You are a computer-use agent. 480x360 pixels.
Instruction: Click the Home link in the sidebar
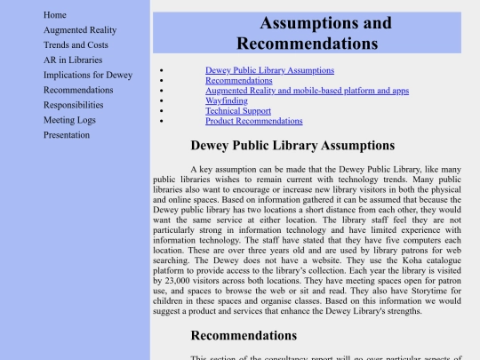point(55,15)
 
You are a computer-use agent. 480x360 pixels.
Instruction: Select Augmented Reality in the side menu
point(80,30)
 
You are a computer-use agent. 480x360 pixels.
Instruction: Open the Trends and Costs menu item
point(76,45)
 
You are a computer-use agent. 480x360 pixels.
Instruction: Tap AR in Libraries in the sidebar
point(73,60)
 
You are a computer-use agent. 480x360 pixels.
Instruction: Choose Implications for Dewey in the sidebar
point(88,76)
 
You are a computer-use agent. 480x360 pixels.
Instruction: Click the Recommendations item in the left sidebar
point(78,90)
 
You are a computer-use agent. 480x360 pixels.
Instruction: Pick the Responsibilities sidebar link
point(73,105)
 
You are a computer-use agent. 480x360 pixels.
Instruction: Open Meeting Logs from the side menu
point(69,120)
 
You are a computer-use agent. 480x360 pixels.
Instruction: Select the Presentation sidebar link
point(67,135)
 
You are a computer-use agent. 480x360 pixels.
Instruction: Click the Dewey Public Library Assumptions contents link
point(269,70)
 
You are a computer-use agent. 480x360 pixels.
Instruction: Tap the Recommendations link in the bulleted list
point(238,80)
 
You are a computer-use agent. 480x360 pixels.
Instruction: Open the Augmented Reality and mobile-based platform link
point(307,91)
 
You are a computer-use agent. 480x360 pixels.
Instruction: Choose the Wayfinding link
point(226,100)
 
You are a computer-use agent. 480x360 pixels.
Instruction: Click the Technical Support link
point(238,111)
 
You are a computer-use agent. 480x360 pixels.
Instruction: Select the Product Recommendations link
point(253,121)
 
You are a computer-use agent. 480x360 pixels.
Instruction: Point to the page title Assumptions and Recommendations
point(308,33)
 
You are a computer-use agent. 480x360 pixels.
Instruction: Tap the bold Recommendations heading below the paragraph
point(244,335)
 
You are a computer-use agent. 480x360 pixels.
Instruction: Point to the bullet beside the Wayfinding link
point(161,100)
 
